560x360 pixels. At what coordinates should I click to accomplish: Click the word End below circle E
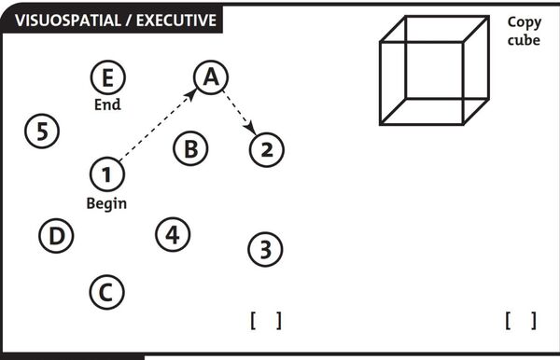point(107,104)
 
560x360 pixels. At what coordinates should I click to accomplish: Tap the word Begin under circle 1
point(106,203)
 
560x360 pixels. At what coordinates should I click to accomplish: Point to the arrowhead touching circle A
point(191,94)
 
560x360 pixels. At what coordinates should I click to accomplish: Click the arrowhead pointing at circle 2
point(251,128)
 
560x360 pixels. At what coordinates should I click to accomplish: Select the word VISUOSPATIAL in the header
point(68,21)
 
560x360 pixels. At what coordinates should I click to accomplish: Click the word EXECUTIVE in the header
point(176,21)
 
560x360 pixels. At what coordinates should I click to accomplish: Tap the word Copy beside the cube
point(525,22)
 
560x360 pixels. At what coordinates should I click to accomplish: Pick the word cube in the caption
point(524,40)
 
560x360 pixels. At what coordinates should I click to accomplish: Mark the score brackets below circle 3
point(266,321)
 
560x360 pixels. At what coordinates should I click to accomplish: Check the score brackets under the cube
point(521,321)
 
